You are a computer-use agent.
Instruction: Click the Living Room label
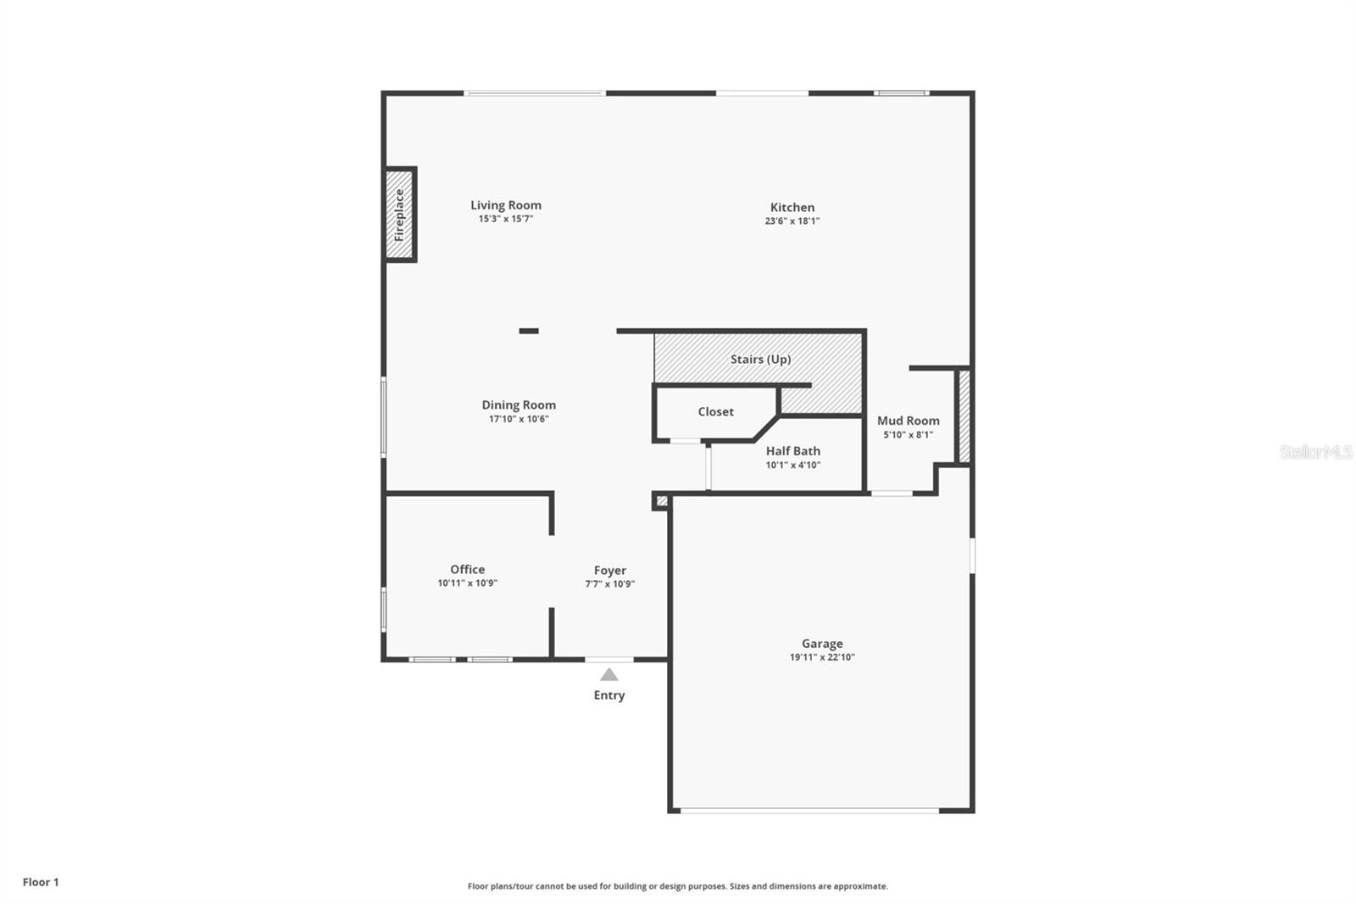point(506,205)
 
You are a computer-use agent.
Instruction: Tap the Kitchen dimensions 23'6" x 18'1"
point(792,221)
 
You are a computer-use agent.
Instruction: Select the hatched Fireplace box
point(400,215)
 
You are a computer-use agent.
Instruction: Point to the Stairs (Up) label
point(760,360)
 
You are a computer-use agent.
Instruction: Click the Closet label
point(715,412)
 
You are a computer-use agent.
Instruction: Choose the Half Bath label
point(792,451)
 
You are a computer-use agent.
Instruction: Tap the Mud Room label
point(908,421)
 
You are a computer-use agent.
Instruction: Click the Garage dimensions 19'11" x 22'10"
point(822,657)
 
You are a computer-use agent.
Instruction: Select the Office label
point(467,570)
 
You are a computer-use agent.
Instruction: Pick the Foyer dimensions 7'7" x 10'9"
point(609,584)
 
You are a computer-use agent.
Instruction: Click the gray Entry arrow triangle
point(609,675)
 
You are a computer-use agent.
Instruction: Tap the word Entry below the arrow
point(609,695)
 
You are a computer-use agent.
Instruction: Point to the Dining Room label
point(519,405)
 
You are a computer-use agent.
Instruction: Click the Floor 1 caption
point(41,882)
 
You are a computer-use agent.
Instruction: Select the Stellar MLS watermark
point(1315,452)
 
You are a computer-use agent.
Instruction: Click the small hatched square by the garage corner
point(662,501)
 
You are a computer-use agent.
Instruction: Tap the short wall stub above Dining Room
point(529,331)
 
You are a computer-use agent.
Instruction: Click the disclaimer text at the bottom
point(678,886)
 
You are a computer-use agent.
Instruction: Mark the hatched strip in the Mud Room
point(964,416)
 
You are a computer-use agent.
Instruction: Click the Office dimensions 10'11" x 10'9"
point(467,583)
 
